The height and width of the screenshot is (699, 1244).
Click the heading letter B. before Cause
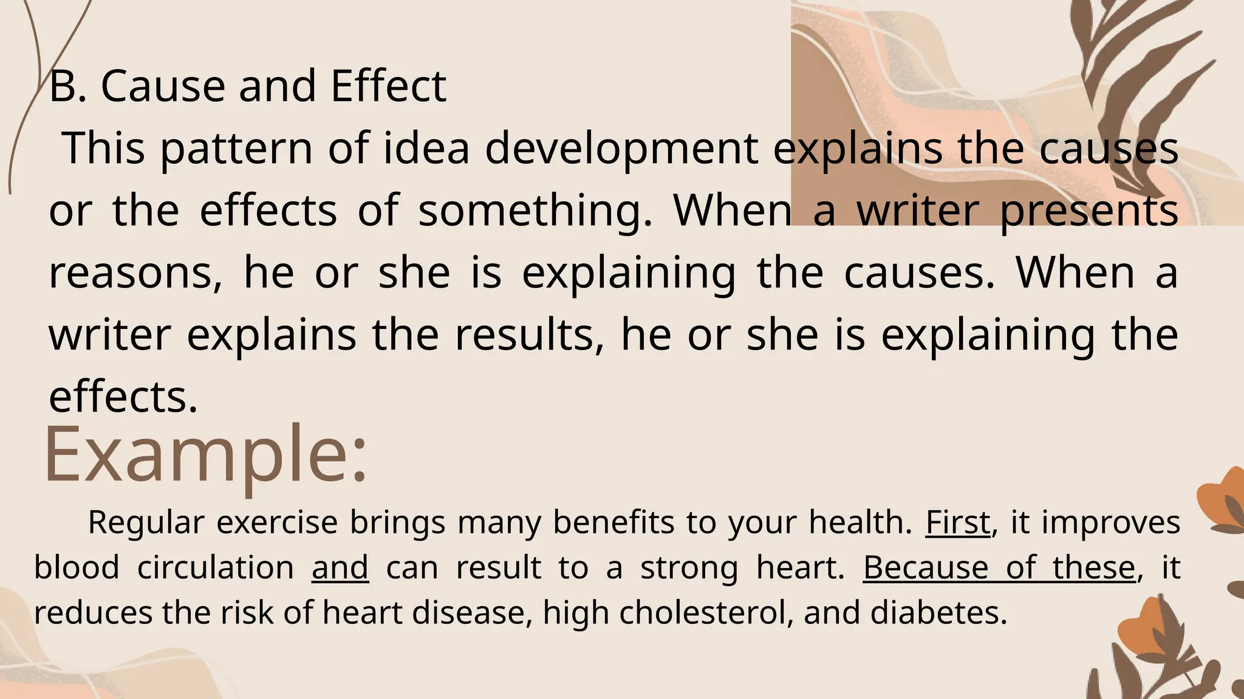(67, 86)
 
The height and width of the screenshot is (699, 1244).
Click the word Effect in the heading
(388, 86)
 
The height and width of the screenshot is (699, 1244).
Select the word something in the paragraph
(535, 211)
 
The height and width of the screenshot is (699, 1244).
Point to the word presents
(1088, 211)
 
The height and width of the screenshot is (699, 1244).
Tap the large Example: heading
(206, 454)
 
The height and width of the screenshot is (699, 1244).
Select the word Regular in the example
(146, 522)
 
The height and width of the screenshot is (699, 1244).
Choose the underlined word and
(340, 568)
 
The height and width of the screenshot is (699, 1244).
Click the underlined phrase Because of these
(999, 568)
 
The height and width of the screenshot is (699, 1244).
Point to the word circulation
(216, 568)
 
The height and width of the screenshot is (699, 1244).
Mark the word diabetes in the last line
(938, 613)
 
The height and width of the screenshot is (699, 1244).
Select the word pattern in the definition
(236, 148)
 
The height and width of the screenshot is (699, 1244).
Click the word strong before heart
(689, 568)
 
